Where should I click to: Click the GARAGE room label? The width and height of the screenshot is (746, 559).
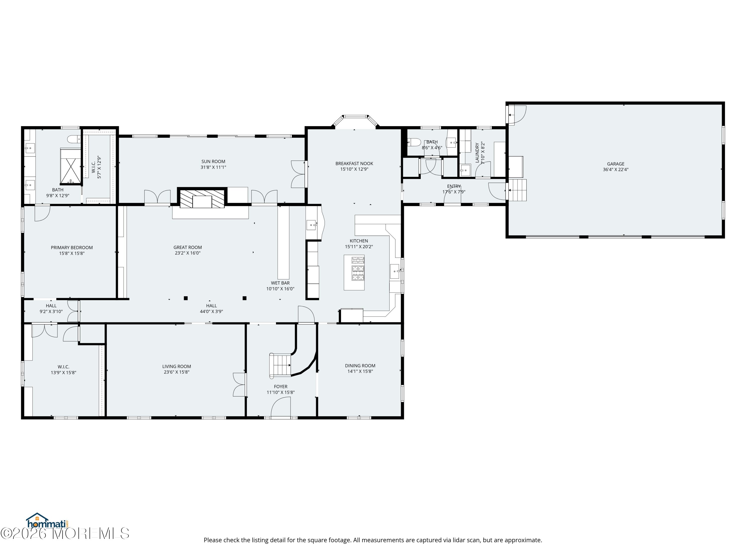[615, 164]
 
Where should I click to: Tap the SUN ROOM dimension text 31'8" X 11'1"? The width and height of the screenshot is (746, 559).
[213, 167]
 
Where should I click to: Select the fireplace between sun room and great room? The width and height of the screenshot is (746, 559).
[202, 199]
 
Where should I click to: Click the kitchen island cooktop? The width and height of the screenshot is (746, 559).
[358, 269]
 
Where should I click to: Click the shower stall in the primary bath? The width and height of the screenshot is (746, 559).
[70, 166]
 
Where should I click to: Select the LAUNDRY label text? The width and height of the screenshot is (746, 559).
[477, 153]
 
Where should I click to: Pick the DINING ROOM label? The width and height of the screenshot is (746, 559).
[360, 366]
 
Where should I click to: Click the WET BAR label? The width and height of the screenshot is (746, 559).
[280, 283]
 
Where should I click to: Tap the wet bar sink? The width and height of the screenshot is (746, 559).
[311, 224]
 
